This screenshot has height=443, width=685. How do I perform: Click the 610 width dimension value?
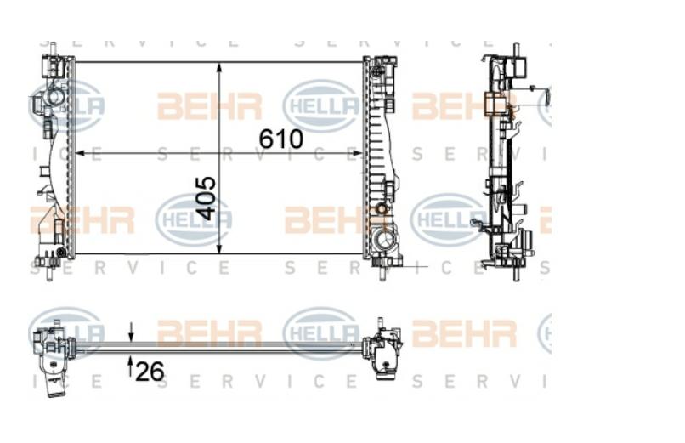[x=280, y=138]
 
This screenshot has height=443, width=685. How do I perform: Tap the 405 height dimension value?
[x=206, y=198]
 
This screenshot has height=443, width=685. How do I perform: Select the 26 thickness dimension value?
[x=150, y=371]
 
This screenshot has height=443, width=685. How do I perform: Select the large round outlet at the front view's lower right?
[x=385, y=240]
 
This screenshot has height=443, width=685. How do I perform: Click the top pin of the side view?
[x=515, y=49]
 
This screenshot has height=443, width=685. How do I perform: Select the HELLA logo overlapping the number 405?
[x=194, y=219]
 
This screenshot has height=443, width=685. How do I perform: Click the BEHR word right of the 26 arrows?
[x=209, y=333]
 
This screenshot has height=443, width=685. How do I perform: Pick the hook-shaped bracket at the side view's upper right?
[x=544, y=95]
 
